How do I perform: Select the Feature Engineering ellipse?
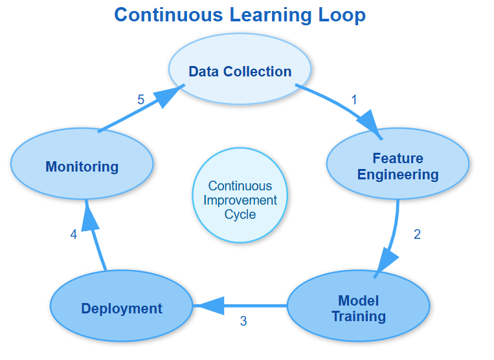(x=398, y=166)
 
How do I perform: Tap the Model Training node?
(x=358, y=308)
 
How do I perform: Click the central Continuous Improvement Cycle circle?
(x=240, y=195)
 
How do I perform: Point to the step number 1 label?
(x=354, y=100)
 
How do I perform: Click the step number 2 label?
(x=417, y=234)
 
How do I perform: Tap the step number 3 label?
(x=243, y=321)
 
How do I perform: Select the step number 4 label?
(x=74, y=234)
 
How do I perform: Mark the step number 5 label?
(x=140, y=100)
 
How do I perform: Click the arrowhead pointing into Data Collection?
(x=169, y=96)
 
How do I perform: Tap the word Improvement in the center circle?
(x=240, y=199)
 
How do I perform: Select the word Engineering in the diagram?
(x=398, y=174)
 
